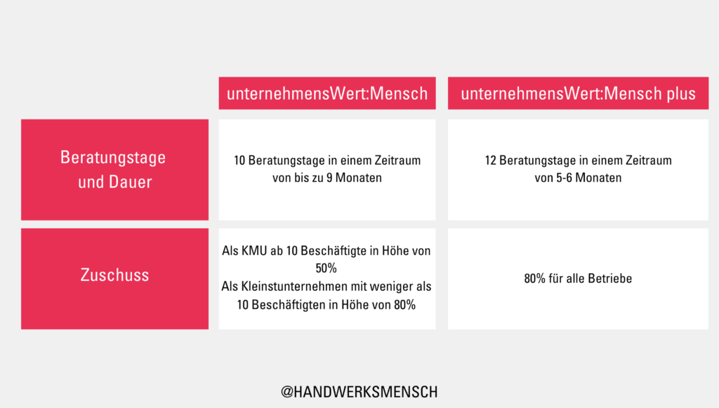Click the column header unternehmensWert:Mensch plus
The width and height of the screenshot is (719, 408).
579,93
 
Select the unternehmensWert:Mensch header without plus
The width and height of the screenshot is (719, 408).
327,93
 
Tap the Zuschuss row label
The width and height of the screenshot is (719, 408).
114,275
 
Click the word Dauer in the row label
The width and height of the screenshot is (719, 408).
130,182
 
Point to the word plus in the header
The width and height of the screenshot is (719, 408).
681,94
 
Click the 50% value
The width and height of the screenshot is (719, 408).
326,268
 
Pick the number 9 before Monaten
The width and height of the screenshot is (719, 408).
329,178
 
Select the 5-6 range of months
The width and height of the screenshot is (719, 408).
564,178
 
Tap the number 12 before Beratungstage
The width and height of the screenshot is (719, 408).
491,160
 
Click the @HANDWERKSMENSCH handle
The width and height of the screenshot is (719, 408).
359,392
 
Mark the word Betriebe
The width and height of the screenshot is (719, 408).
610,278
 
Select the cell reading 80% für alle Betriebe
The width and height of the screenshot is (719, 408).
579,279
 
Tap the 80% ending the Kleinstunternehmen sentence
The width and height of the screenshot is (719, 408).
404,305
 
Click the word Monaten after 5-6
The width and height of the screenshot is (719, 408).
598,178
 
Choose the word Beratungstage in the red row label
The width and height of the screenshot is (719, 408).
113,158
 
